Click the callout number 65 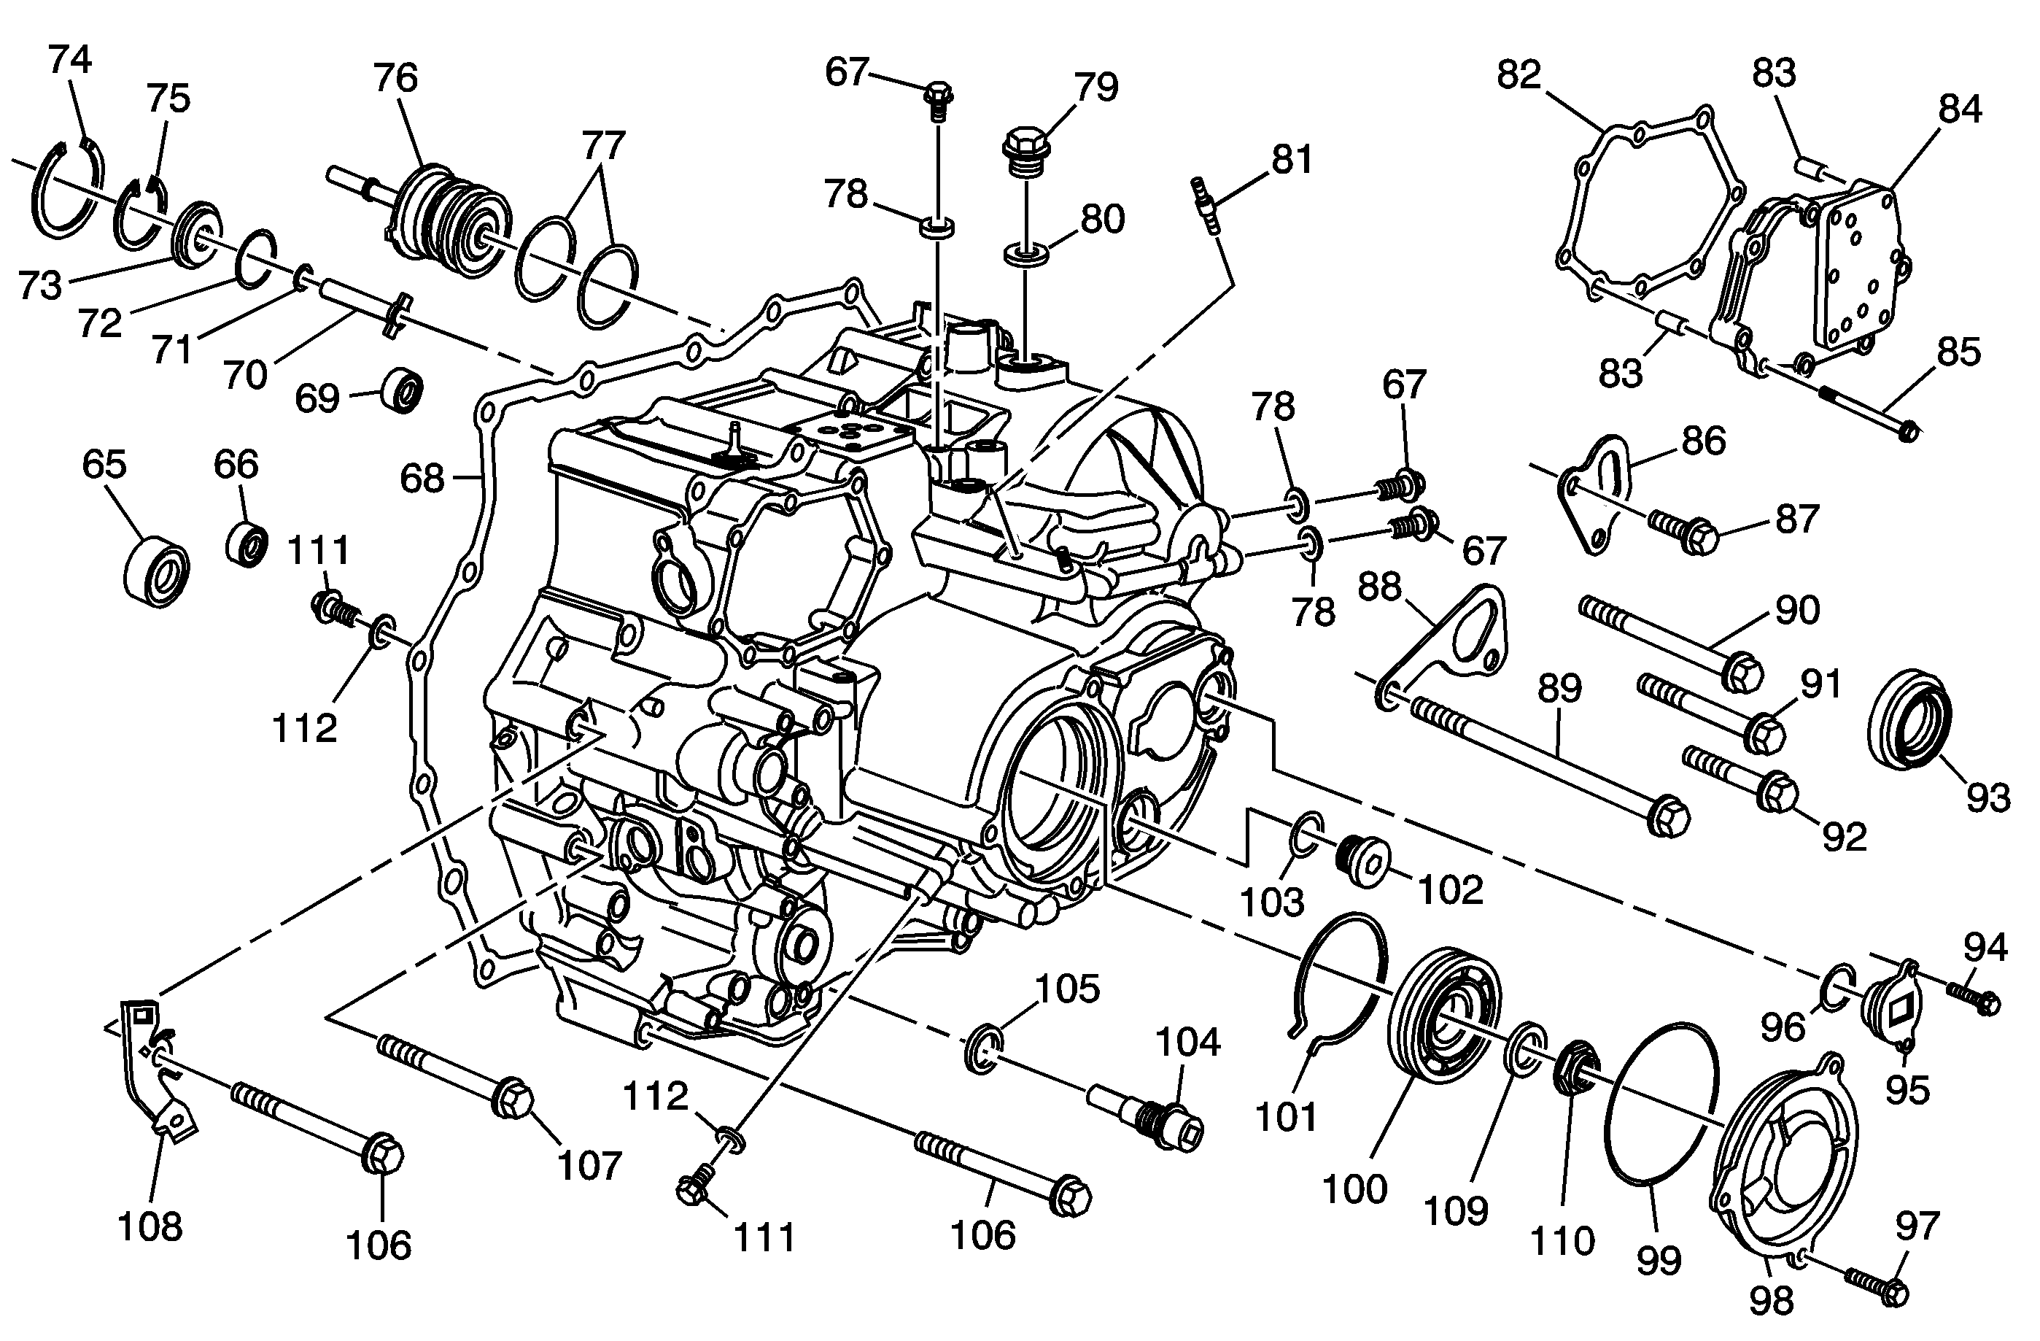[x=104, y=464]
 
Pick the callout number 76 [x=395, y=78]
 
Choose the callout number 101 [x=1285, y=1116]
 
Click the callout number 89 [x=1559, y=688]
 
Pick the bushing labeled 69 [x=402, y=391]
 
